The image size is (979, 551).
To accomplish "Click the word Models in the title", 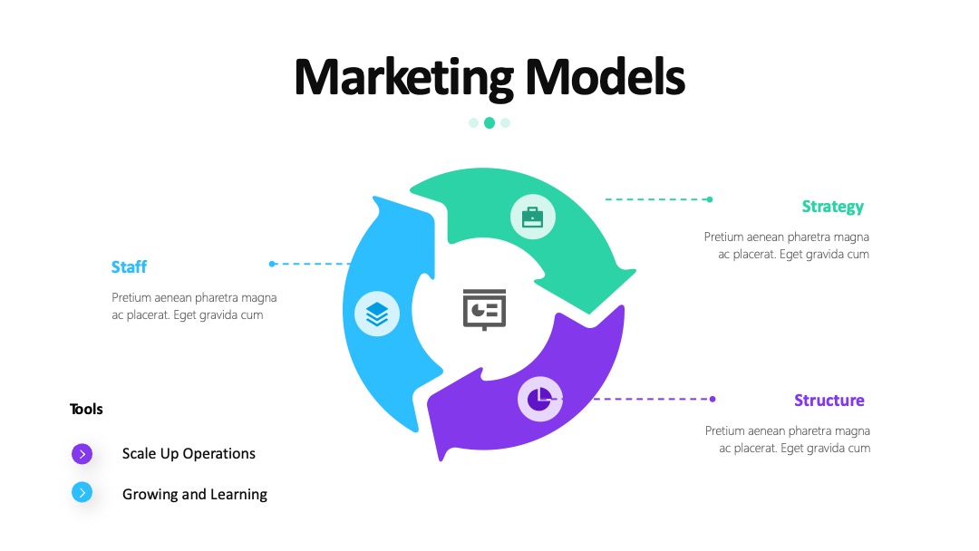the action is click(605, 77).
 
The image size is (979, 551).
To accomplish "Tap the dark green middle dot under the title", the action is click(489, 123).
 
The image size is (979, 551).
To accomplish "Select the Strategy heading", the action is click(833, 208).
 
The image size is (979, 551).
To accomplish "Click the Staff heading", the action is click(130, 267).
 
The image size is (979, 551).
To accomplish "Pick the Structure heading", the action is click(829, 400).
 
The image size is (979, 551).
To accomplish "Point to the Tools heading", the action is click(86, 410).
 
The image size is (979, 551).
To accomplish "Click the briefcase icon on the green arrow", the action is click(533, 217).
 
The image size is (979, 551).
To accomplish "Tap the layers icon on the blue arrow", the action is click(377, 314).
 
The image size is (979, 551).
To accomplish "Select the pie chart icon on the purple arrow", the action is click(539, 399).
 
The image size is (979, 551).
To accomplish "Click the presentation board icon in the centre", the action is click(484, 310).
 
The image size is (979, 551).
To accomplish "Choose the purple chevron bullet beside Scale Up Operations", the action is click(82, 454).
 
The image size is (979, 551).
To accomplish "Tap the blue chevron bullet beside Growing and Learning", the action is click(82, 492).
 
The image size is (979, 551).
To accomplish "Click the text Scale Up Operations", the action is click(189, 454).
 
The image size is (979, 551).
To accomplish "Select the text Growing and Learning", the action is click(195, 494).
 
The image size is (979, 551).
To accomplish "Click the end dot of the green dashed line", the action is click(710, 199).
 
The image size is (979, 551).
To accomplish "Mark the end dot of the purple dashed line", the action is click(712, 399).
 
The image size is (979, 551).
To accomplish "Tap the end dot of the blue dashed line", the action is click(272, 264).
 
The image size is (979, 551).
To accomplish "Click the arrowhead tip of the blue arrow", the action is click(375, 198).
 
